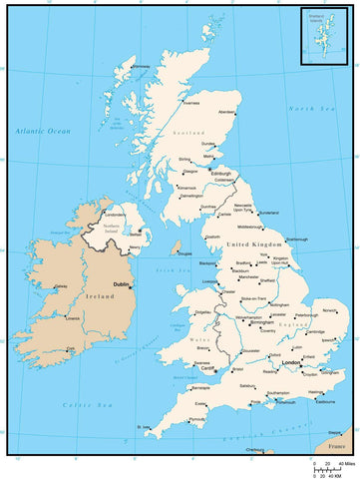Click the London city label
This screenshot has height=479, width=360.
tap(291, 362)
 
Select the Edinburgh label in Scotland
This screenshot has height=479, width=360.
tap(221, 173)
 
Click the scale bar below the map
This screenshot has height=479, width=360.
tap(327, 466)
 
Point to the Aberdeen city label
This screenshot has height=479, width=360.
tap(227, 112)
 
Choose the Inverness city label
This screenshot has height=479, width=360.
tap(194, 102)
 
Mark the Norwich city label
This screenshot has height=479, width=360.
tap(329, 310)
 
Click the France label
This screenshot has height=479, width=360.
tap(335, 446)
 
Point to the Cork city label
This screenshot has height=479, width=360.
tap(71, 349)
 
